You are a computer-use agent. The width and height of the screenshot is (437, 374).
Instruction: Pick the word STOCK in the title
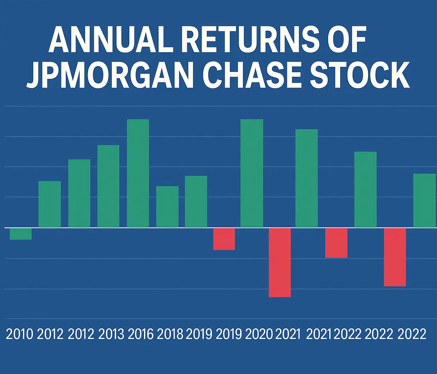tap(365, 76)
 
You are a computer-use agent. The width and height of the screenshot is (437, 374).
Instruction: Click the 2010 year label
tap(20, 334)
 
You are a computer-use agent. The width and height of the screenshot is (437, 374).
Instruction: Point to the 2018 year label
tap(170, 334)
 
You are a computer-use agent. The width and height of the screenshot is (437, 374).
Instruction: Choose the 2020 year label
tap(260, 334)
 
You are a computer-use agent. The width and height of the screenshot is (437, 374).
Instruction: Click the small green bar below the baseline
tap(20, 234)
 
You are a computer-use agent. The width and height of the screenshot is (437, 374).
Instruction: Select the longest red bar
tap(280, 262)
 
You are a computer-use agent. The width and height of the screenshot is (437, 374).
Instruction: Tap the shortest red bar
tap(224, 239)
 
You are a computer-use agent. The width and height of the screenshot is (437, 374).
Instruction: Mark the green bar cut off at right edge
tap(425, 201)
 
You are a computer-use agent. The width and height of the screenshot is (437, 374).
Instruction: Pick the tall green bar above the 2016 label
tap(138, 173)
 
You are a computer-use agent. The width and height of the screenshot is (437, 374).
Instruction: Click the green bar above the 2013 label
tap(108, 186)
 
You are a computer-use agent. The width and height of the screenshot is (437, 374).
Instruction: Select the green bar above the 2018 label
tap(167, 207)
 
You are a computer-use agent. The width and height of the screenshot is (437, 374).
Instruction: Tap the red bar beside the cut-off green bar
tap(395, 257)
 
